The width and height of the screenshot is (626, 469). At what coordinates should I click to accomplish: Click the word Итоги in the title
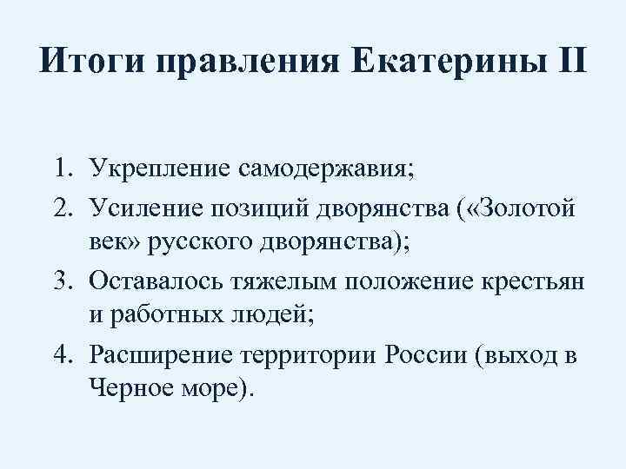89,64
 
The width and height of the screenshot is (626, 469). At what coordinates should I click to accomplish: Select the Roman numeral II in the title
566,64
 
